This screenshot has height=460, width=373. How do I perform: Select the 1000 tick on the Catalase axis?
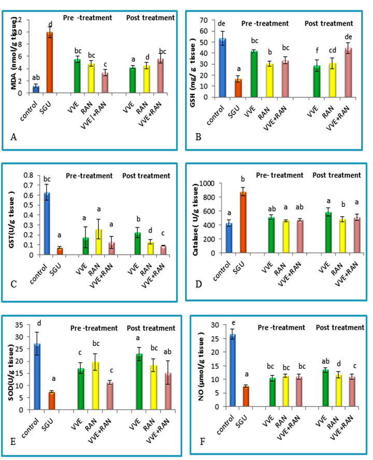pyautogui.click(x=205, y=184)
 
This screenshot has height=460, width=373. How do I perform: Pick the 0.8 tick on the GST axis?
pyautogui.click(x=24, y=175)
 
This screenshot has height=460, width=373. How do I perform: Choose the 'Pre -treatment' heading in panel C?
pyautogui.click(x=89, y=176)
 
